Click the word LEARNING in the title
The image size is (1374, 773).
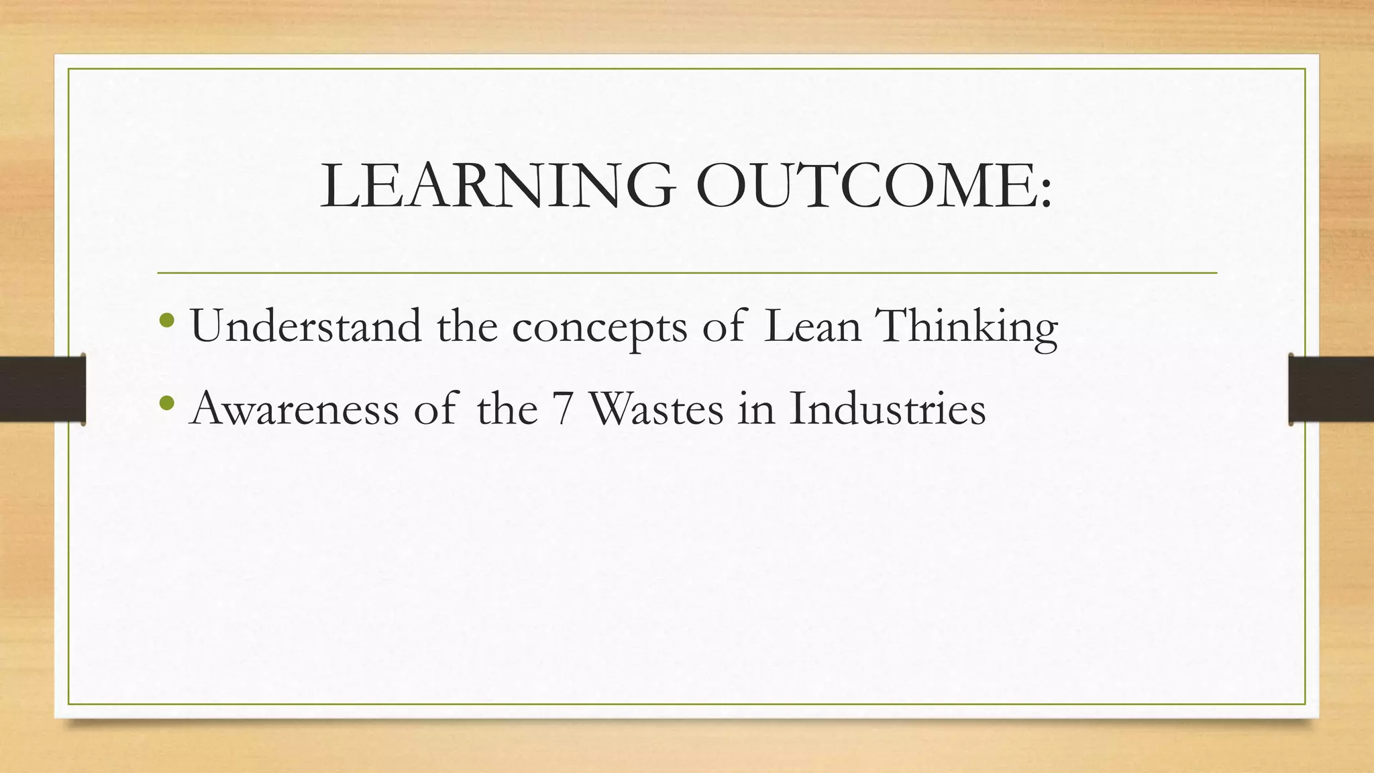pyautogui.click(x=497, y=185)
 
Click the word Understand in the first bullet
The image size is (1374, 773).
pyautogui.click(x=306, y=326)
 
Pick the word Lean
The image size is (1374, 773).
pyautogui.click(x=812, y=326)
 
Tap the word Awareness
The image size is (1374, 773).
pyautogui.click(x=295, y=408)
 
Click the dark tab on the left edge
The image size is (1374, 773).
pyautogui.click(x=42, y=389)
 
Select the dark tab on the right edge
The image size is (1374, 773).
pyautogui.click(x=1331, y=389)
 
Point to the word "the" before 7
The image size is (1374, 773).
pyautogui.click(x=507, y=408)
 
